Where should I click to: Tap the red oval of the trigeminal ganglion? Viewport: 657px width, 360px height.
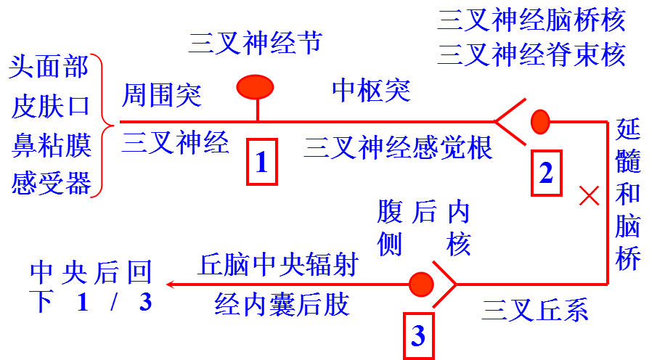tap(256, 87)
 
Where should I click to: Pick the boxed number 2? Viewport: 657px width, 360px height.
tap(546, 173)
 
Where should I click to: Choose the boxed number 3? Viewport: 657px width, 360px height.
tap(418, 335)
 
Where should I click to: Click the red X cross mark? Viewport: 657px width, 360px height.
tap(588, 195)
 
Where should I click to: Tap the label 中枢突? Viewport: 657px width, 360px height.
tap(370, 91)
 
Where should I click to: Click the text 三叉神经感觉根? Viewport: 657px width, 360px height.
tap(398, 147)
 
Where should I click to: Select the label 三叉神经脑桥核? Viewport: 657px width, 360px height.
tap(531, 20)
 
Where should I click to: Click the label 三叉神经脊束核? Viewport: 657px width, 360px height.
tap(531, 54)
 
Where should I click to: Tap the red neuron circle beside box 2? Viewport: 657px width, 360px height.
tap(540, 121)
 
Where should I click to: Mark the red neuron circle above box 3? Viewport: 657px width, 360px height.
tap(420, 284)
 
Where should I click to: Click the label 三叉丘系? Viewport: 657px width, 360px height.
tap(534, 310)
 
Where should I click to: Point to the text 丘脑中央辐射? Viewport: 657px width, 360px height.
tap(279, 265)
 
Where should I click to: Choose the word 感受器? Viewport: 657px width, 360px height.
tap(51, 182)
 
